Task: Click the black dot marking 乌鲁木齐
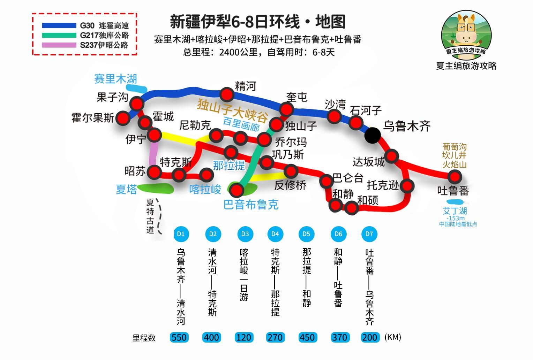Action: tap(373, 135)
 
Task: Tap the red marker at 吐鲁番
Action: tap(455, 177)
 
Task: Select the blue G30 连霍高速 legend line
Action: tap(59, 25)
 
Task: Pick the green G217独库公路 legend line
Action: tap(59, 36)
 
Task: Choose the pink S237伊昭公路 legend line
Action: tap(59, 45)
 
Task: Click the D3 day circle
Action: tap(245, 234)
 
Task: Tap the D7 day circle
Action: tap(369, 234)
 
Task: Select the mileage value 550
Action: tap(179, 337)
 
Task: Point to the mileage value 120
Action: tap(244, 337)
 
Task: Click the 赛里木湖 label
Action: tap(116, 79)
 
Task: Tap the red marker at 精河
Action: tap(227, 95)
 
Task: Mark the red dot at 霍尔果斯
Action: tap(123, 118)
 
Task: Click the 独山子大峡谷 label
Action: tap(233, 110)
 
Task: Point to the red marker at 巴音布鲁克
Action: tap(236, 190)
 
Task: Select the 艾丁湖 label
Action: tap(455, 211)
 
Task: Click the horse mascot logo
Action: tap(466, 35)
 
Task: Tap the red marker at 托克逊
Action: tap(407, 186)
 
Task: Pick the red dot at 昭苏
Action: tap(155, 172)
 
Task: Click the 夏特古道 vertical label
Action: tap(150, 216)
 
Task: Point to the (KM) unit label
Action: tap(393, 337)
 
